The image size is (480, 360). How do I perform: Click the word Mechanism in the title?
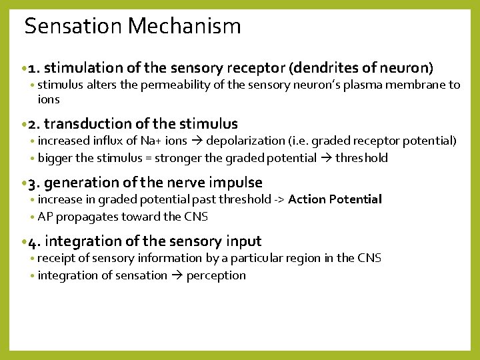(185, 27)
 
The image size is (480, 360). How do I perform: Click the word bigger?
(54, 159)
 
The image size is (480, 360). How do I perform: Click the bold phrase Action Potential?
(335, 199)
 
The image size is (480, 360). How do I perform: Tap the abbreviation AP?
(45, 217)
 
